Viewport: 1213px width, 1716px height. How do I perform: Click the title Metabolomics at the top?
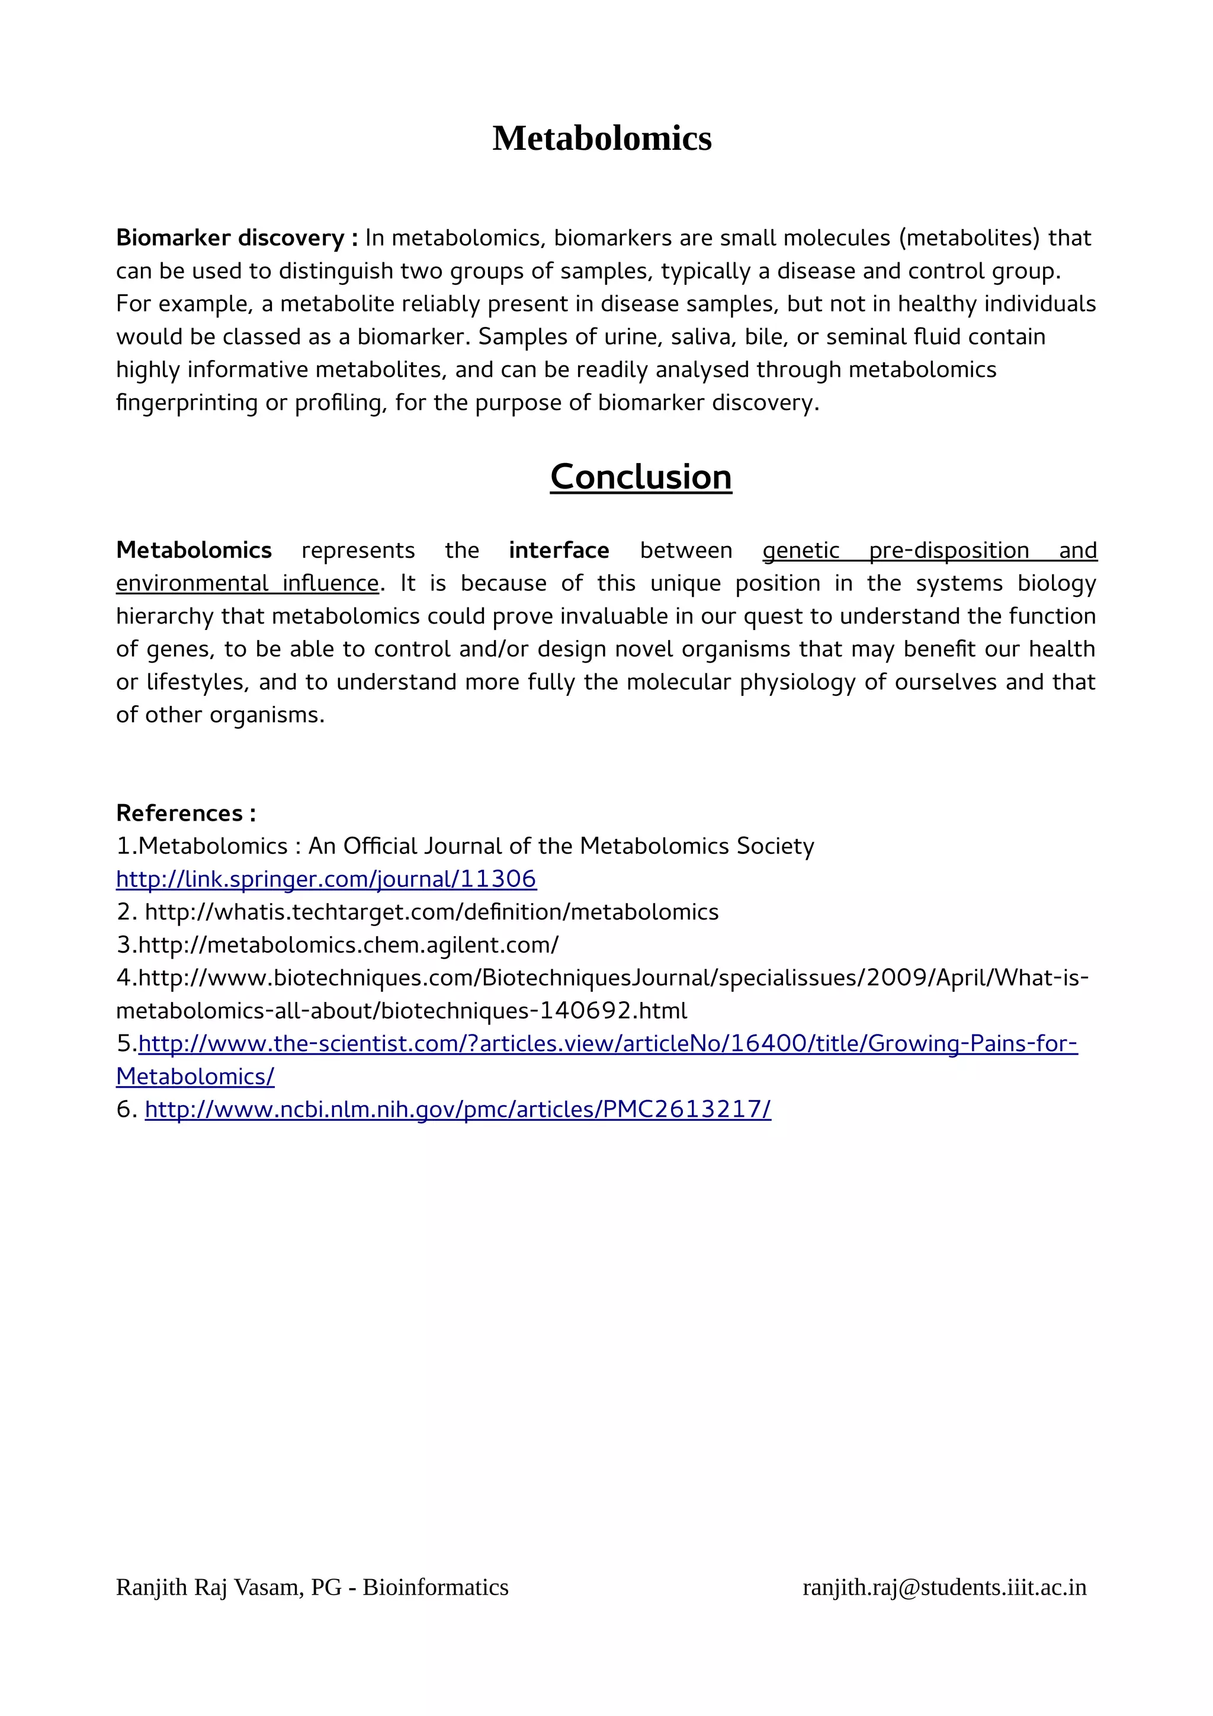[x=602, y=139]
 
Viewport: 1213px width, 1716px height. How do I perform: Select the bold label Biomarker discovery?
[x=230, y=237]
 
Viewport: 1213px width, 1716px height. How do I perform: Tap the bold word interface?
[x=559, y=550]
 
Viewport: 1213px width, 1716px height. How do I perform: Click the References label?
[x=185, y=812]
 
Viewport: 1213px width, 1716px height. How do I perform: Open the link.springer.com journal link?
[x=326, y=879]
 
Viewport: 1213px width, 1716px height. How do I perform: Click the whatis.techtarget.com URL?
[x=431, y=912]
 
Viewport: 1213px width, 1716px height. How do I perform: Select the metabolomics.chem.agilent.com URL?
[x=348, y=944]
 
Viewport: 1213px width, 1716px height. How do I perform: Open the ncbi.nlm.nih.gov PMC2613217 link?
[x=457, y=1109]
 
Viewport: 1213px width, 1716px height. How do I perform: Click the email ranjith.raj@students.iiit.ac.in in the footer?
[x=944, y=1587]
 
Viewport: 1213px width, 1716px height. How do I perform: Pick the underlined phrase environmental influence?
[x=248, y=583]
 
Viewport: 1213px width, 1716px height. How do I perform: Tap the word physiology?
[x=797, y=682]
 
